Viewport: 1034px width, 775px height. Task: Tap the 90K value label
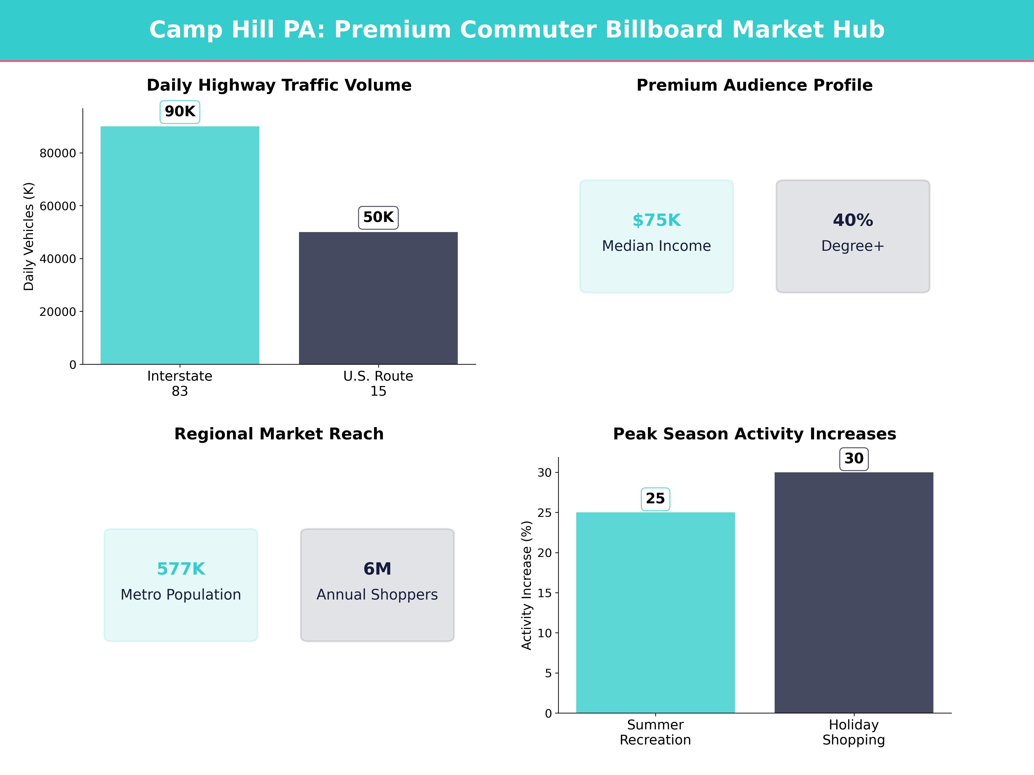click(x=180, y=112)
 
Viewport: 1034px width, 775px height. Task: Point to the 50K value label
click(x=378, y=217)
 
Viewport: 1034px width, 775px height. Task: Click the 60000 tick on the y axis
click(x=58, y=206)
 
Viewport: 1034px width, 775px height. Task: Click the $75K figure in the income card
click(x=656, y=220)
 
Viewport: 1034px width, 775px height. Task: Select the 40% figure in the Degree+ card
click(x=853, y=220)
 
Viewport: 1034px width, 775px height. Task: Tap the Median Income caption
click(x=656, y=246)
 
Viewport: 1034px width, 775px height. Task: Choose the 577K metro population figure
click(x=181, y=569)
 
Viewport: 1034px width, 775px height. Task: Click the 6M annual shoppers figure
click(x=377, y=569)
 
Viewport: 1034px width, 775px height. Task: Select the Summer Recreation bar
click(x=655, y=612)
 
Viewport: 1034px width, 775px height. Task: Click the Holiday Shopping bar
click(x=853, y=592)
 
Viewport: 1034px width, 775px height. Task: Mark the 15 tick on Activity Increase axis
click(x=545, y=593)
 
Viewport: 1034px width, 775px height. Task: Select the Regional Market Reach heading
click(x=279, y=434)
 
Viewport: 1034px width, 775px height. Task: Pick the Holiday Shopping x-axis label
click(x=853, y=732)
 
